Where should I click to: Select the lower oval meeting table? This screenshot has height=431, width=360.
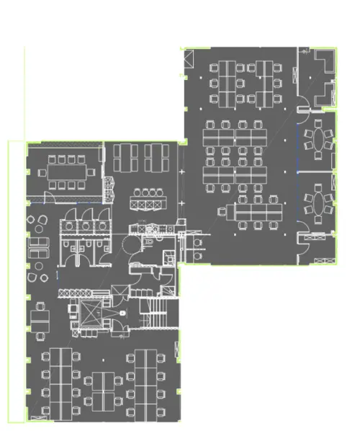pos(318,201)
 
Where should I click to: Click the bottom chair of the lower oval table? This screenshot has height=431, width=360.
pos(318,219)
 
